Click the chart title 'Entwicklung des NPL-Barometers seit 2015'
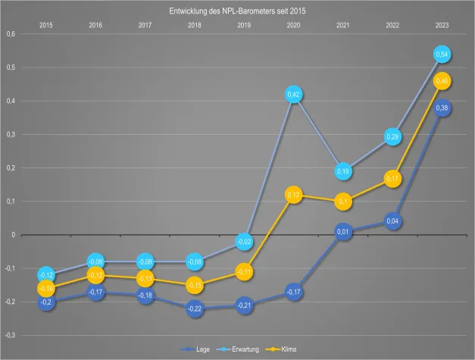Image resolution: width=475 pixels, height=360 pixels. (237, 11)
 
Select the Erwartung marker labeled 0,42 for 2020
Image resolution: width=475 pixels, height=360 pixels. (294, 95)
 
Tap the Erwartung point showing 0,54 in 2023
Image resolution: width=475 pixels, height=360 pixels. (442, 55)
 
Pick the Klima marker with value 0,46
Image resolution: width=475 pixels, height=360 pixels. (442, 81)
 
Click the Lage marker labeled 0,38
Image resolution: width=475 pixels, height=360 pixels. (442, 108)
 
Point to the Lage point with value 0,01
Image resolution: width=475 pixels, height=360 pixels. (343, 231)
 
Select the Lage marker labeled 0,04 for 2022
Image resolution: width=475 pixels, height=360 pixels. (392, 221)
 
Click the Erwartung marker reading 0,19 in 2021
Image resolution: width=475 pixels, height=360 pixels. (343, 171)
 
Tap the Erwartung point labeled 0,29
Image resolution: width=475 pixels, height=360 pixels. (392, 137)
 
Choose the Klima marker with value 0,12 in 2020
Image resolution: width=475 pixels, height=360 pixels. (294, 195)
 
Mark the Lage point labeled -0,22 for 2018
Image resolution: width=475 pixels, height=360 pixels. (195, 308)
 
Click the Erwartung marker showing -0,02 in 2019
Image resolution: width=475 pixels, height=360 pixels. (244, 242)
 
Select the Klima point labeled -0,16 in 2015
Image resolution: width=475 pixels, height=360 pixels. (46, 289)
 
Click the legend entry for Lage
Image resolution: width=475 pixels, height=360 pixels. (198, 349)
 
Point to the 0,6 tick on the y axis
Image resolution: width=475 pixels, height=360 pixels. (10, 34)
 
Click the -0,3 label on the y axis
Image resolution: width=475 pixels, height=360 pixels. (10, 335)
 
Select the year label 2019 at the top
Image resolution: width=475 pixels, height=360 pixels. (244, 26)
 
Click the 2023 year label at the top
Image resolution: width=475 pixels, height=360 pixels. (442, 26)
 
